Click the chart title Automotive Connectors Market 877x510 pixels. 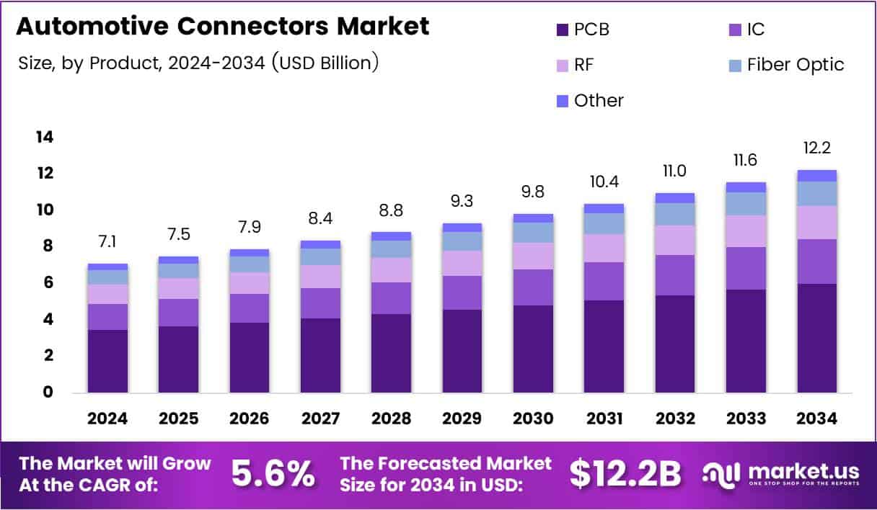[222, 27]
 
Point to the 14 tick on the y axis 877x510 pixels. [45, 137]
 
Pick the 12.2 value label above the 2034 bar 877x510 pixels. [817, 148]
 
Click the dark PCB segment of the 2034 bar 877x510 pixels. [817, 338]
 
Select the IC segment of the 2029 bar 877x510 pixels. [462, 292]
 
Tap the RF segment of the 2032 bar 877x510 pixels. [675, 240]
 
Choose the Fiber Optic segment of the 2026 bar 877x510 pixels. [250, 264]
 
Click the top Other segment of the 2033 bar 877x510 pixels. [746, 187]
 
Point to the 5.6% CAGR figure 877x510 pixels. [273, 473]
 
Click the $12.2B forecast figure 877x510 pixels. [625, 473]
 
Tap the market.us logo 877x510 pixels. [782, 473]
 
